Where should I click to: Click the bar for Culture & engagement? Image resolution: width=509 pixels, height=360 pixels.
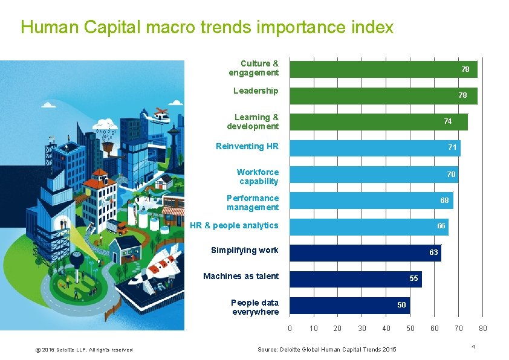(383, 69)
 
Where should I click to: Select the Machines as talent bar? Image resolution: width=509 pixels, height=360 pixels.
(355, 278)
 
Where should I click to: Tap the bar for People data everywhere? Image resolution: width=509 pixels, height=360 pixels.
(349, 305)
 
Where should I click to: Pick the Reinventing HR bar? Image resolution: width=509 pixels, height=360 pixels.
(375, 147)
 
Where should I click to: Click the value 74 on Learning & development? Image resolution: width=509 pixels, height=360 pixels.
(447, 121)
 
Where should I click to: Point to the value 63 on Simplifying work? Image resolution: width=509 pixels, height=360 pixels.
(433, 252)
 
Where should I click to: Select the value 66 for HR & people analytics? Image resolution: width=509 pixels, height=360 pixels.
(441, 226)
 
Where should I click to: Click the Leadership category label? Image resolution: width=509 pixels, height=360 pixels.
(256, 91)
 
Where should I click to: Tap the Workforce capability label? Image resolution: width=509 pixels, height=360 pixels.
(258, 177)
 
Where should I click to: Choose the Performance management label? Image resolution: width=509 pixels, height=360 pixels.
(253, 203)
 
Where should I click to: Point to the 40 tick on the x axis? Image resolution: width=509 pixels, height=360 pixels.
(386, 329)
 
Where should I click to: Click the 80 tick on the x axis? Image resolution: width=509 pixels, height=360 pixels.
(482, 329)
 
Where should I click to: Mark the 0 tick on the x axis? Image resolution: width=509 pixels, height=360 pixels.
(290, 329)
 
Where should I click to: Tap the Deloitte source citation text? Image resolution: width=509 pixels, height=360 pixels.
(326, 350)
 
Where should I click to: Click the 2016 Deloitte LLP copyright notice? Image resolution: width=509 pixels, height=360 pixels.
(84, 350)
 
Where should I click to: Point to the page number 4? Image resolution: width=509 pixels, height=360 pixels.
(473, 346)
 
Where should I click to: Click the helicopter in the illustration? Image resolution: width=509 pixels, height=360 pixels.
(159, 116)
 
